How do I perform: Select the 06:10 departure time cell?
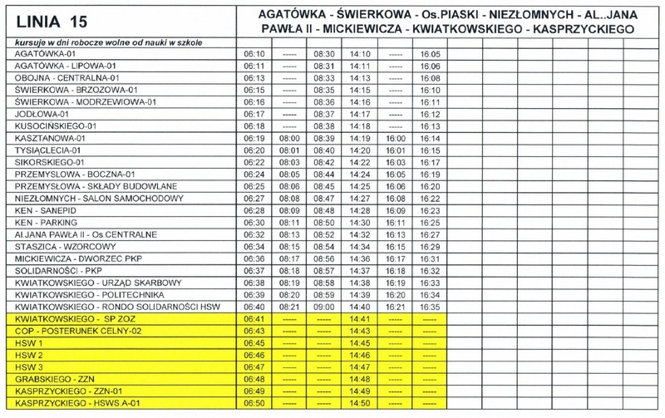point(254,52)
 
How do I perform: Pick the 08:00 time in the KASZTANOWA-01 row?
point(290,137)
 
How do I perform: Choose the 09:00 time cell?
point(325,307)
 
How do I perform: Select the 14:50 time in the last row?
point(360,402)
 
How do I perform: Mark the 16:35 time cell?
point(431,307)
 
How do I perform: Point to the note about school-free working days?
point(106,41)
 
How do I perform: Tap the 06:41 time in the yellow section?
point(254,318)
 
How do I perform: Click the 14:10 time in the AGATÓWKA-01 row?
point(360,52)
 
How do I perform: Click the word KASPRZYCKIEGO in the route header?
point(580,28)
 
